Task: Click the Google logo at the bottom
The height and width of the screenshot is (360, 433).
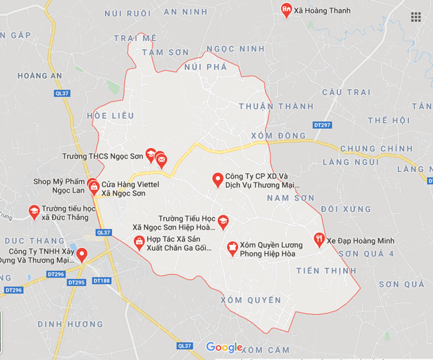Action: pyautogui.click(x=224, y=347)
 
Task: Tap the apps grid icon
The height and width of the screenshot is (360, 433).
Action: pyautogui.click(x=416, y=17)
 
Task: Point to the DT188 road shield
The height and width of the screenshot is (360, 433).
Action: pyautogui.click(x=101, y=280)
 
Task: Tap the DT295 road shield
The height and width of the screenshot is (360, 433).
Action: pyautogui.click(x=78, y=282)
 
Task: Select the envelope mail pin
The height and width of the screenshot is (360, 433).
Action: pyautogui.click(x=161, y=159)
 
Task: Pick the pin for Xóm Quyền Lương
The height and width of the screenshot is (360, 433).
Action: pyautogui.click(x=232, y=248)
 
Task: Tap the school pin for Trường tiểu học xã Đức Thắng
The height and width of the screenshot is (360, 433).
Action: pyautogui.click(x=34, y=211)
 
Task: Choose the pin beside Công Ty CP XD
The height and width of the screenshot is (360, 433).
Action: pyautogui.click(x=218, y=179)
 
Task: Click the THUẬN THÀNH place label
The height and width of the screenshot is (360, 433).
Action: pyautogui.click(x=276, y=106)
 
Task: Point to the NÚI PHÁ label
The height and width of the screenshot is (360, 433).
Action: pyautogui.click(x=205, y=67)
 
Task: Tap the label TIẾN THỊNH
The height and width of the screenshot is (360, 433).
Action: pyautogui.click(x=326, y=271)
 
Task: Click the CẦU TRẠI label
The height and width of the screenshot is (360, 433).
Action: pyautogui.click(x=346, y=92)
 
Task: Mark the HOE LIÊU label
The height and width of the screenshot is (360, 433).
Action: pyautogui.click(x=110, y=115)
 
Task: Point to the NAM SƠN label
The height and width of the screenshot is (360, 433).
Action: pyautogui.click(x=290, y=198)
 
